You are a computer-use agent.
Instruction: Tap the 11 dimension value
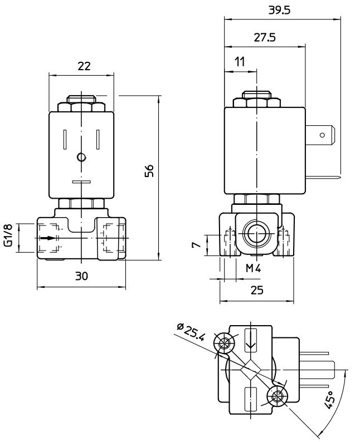pyautogui.click(x=240, y=62)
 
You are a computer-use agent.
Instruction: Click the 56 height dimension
pyautogui.click(x=149, y=171)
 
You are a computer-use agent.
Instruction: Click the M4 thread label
pyautogui.click(x=254, y=269)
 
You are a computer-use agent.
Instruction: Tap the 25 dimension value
pyautogui.click(x=257, y=290)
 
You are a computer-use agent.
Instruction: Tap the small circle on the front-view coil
pyautogui.click(x=82, y=158)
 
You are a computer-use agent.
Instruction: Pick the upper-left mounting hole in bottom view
pyautogui.click(x=225, y=343)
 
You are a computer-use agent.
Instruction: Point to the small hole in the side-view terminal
pyautogui.click(x=322, y=135)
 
